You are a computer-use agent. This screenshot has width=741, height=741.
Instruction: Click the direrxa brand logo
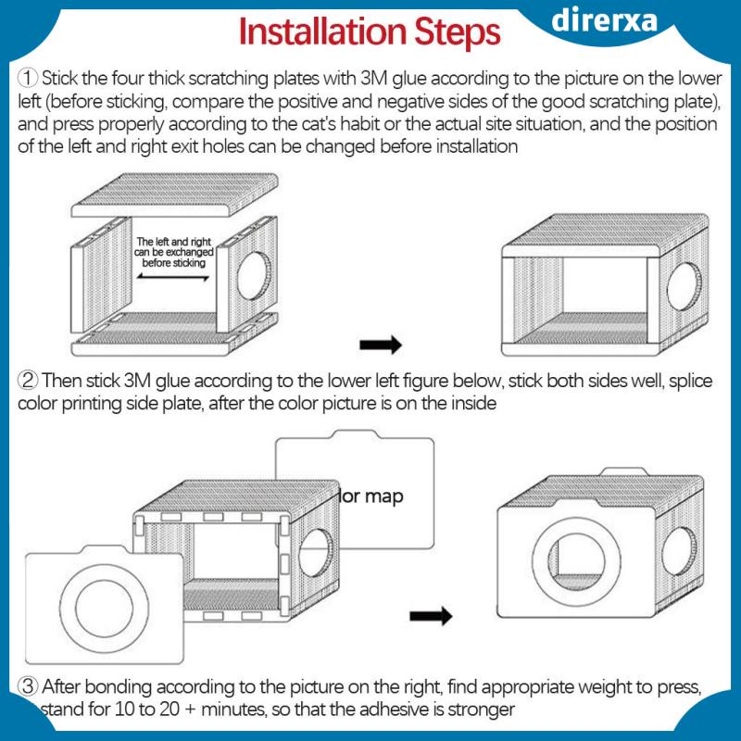605,20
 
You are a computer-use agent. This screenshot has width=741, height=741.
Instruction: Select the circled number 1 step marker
28,78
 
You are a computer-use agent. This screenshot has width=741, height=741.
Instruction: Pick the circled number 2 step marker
28,381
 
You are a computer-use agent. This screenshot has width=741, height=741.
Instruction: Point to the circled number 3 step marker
28,686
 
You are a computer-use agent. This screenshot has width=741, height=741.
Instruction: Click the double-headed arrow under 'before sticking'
173,277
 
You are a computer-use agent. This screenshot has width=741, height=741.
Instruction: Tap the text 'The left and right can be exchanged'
174,246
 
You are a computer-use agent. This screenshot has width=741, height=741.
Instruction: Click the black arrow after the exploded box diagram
381,345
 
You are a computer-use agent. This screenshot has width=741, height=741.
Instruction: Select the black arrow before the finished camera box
431,616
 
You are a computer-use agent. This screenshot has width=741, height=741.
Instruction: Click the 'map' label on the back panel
383,496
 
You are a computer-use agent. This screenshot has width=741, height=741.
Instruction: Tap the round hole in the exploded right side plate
254,276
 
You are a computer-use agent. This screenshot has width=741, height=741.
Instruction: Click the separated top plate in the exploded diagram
174,195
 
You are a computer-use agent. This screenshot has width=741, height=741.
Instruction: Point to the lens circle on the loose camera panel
105,609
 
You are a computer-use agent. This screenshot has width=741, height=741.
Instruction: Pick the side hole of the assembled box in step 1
684,286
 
